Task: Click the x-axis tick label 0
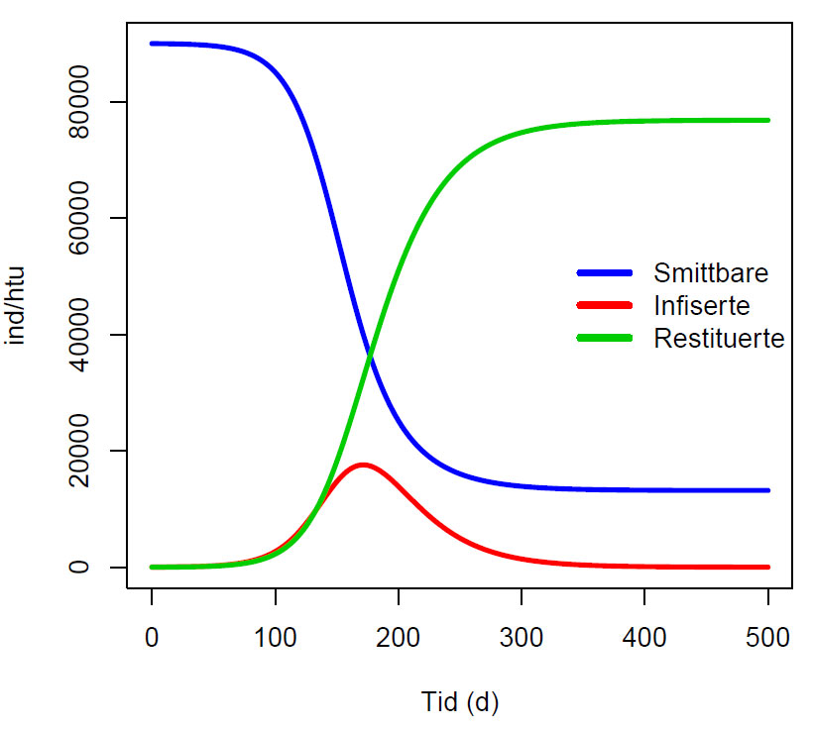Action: click(152, 637)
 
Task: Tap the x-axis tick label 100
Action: click(276, 637)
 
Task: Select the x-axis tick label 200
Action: click(399, 637)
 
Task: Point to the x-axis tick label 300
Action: click(522, 637)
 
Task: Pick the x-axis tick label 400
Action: click(644, 637)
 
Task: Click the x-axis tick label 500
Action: click(768, 637)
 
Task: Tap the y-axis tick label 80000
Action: click(78, 102)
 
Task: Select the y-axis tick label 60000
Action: click(78, 218)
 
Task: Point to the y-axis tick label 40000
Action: click(78, 334)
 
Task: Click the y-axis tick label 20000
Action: click(78, 451)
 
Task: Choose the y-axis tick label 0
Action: click(78, 567)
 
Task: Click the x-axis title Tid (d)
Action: click(460, 703)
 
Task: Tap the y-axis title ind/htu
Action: click(15, 306)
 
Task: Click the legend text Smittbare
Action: click(711, 273)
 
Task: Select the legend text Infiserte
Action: click(702, 306)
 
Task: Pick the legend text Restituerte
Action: click(719, 339)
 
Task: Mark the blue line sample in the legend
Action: click(605, 273)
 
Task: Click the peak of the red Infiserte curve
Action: click(363, 465)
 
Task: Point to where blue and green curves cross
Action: click(370, 356)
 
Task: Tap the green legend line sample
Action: click(605, 339)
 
